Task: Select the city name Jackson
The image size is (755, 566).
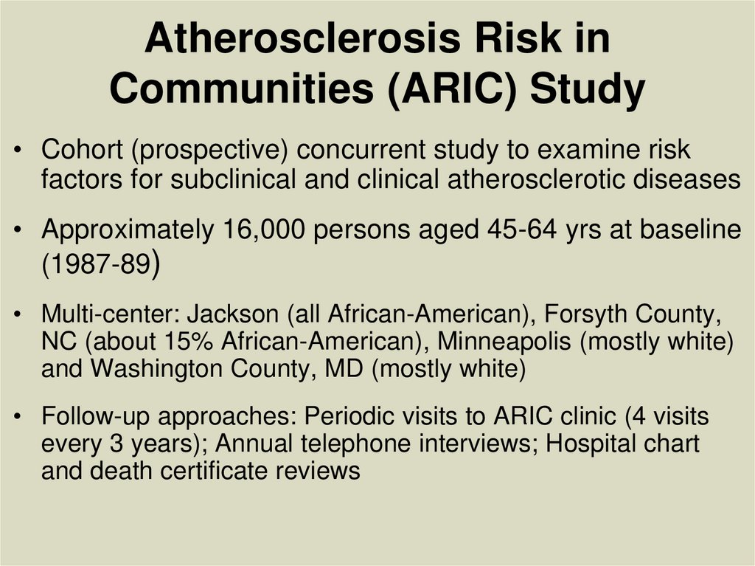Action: pos(233,315)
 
